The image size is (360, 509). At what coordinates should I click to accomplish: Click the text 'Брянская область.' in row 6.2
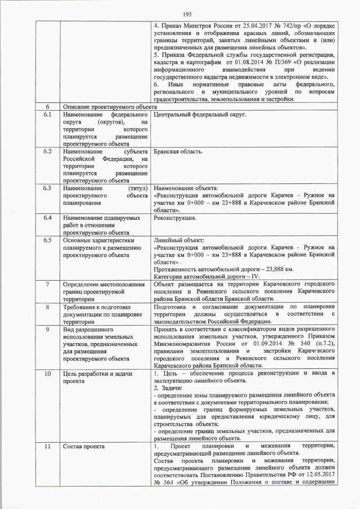pos(179,151)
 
